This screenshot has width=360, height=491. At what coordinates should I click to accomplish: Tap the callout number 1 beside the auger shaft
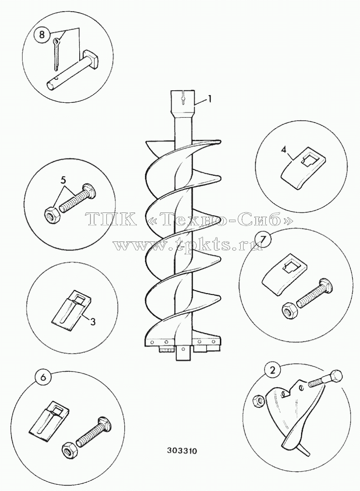click(x=210, y=99)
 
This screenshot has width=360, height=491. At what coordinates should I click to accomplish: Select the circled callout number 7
click(x=263, y=240)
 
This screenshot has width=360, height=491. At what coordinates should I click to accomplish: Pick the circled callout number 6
click(x=43, y=378)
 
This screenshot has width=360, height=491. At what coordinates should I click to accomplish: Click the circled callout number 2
click(x=272, y=370)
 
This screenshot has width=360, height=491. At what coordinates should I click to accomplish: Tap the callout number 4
click(x=283, y=150)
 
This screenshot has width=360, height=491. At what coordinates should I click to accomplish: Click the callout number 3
click(x=93, y=322)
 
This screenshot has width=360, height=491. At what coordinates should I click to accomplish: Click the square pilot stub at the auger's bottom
click(x=183, y=353)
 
